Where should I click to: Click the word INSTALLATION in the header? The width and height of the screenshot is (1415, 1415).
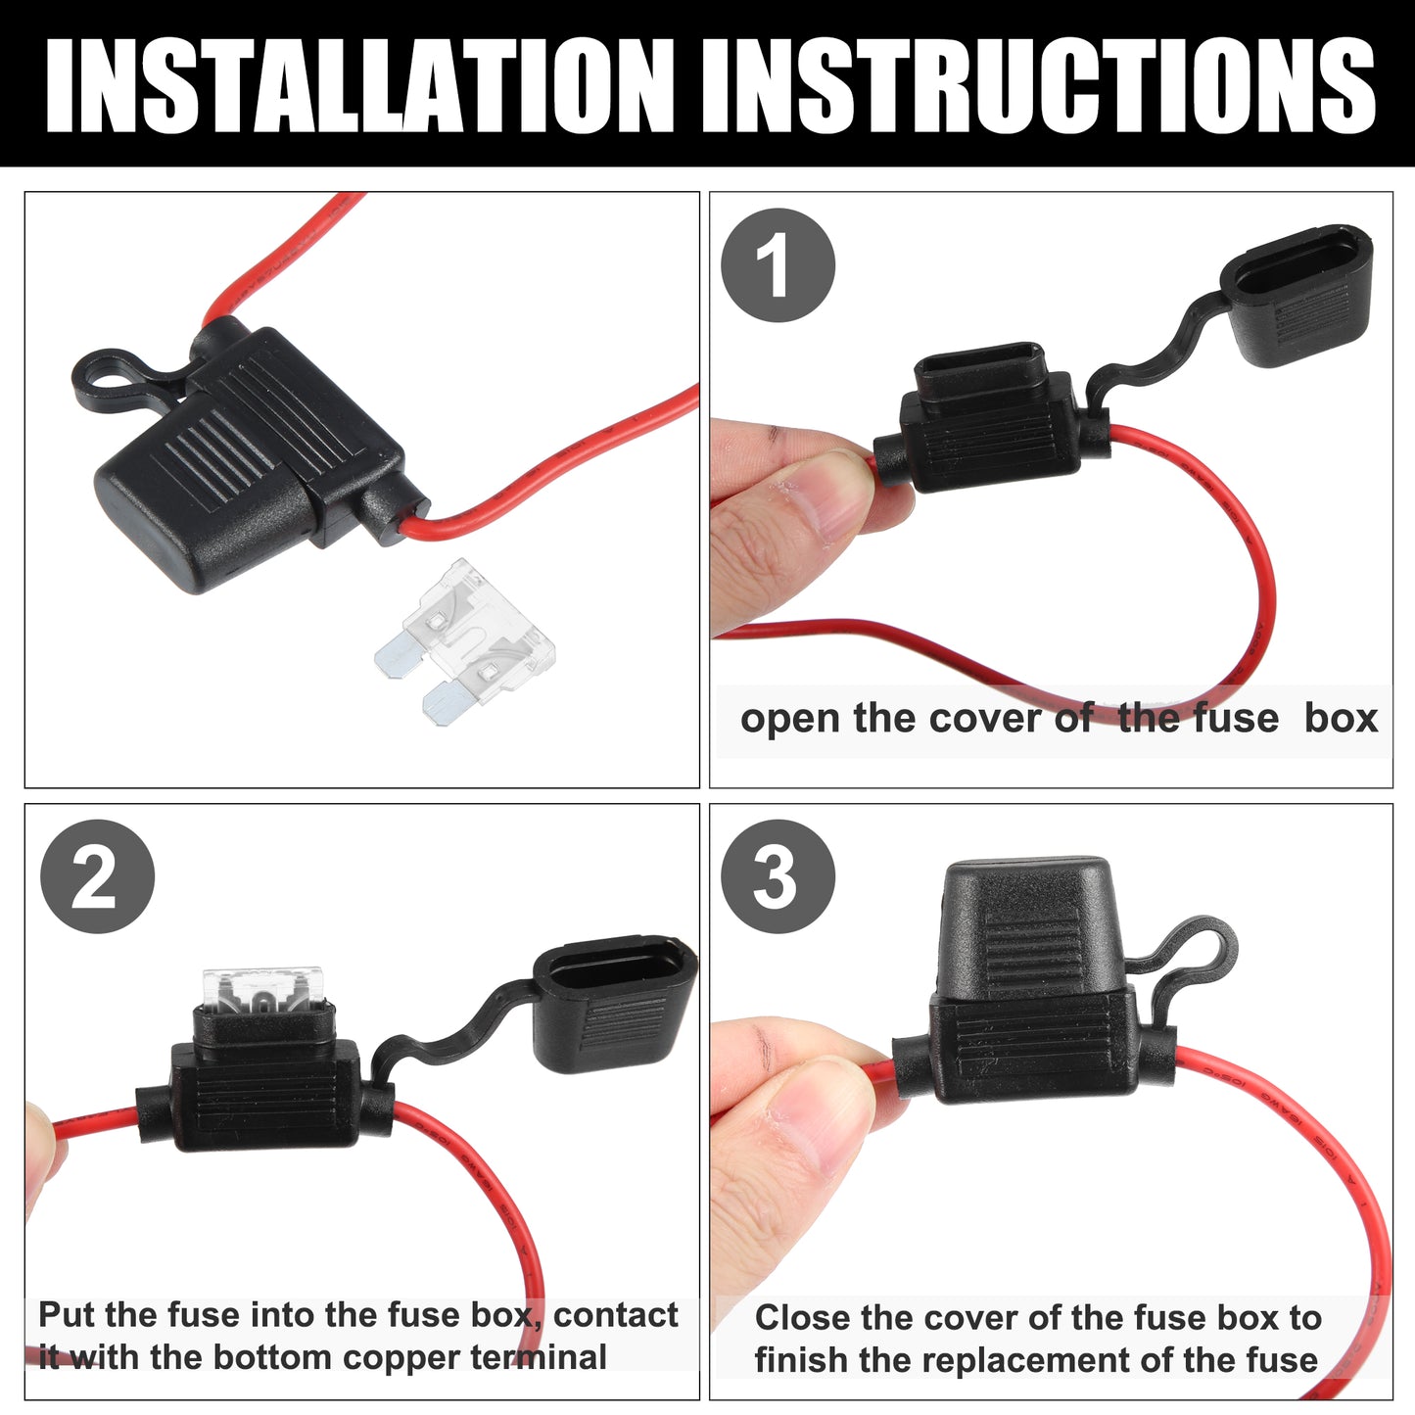[359, 85]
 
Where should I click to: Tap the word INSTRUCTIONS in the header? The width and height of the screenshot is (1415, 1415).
[1038, 85]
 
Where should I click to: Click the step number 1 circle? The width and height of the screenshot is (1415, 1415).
[778, 265]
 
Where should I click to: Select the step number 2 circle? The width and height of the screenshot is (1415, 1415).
[98, 876]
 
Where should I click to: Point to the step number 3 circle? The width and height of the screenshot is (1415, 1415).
[778, 876]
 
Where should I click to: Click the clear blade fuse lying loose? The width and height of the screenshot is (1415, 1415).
[465, 641]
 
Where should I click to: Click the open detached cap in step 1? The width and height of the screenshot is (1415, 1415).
[1297, 297]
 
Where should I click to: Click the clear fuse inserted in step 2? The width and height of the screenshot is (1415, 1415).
[262, 988]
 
